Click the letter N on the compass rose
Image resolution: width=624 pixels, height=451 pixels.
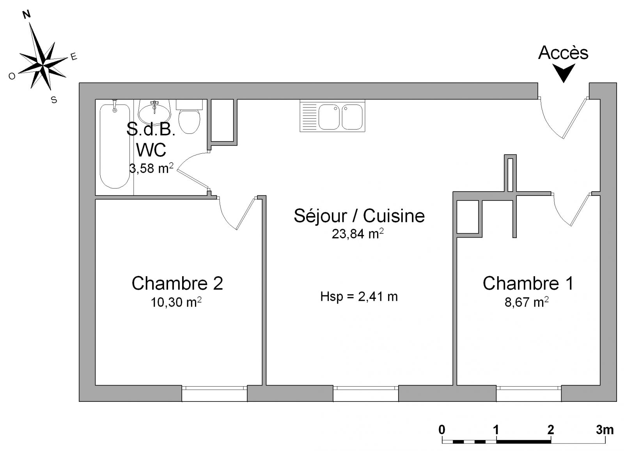click(x=27, y=14)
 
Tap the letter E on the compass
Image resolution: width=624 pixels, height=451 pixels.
click(x=74, y=57)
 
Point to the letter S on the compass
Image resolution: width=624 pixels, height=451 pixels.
click(x=54, y=99)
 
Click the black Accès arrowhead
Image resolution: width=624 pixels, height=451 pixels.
click(x=564, y=73)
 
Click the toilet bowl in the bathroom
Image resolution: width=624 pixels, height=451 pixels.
click(x=189, y=117)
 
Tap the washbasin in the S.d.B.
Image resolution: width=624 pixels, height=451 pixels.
click(x=154, y=112)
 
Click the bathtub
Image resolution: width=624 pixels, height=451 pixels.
click(x=115, y=146)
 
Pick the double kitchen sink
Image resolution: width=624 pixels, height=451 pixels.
click(x=332, y=116)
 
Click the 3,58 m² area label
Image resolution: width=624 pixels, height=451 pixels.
click(x=151, y=168)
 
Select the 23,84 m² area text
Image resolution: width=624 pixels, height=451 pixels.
click(x=358, y=234)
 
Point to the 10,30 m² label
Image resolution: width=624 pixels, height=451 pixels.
click(x=176, y=302)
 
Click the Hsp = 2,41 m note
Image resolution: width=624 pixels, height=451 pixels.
click(x=359, y=297)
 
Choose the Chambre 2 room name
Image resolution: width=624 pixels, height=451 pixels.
click(x=177, y=283)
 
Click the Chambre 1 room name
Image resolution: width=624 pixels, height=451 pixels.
click(x=528, y=283)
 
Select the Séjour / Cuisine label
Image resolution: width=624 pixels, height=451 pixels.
click(x=359, y=216)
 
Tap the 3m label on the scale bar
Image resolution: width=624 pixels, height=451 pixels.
click(x=605, y=430)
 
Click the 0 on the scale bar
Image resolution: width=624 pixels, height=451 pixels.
click(x=442, y=430)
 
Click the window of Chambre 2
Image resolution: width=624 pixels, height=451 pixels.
click(x=214, y=393)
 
